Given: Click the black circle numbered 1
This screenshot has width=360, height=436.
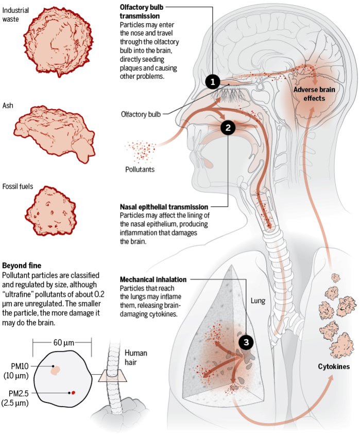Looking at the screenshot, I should [x=213, y=81].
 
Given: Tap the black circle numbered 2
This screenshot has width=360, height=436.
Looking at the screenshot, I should [x=228, y=127].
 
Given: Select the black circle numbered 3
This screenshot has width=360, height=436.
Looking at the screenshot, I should [x=246, y=341].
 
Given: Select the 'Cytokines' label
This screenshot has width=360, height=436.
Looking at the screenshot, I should [x=333, y=366].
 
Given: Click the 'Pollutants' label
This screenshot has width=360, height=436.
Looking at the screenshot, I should [x=140, y=169].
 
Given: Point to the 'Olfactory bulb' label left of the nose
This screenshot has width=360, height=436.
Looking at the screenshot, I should [x=141, y=114].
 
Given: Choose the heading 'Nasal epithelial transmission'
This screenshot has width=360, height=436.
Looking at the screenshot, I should [x=164, y=207].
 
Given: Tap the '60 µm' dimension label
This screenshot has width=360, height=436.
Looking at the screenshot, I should [x=62, y=342].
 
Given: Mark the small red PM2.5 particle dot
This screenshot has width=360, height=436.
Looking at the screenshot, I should [x=73, y=393].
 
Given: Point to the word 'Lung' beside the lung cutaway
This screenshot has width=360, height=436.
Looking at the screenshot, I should [x=258, y=300].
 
